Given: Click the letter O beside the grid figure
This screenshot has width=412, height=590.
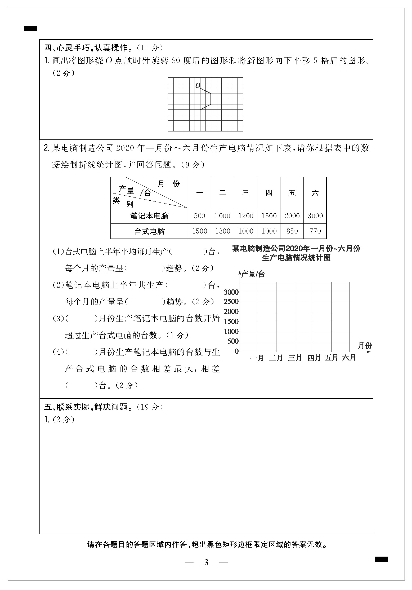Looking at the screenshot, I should [198, 85].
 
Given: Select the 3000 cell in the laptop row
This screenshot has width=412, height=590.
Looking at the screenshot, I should [315, 216].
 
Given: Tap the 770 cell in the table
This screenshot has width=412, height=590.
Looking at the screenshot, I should [315, 231].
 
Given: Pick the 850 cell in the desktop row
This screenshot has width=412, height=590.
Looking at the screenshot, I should [292, 231].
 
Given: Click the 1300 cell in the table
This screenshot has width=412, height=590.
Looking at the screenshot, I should [222, 231].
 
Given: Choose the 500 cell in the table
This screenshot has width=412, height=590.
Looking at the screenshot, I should [199, 216].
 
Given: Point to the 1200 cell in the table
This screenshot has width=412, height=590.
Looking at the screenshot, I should [246, 216].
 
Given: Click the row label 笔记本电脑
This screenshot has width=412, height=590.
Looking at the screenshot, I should [149, 216].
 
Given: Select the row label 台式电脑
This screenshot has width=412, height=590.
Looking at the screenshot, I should [149, 231].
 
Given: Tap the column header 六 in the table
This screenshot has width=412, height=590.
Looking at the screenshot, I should [315, 193].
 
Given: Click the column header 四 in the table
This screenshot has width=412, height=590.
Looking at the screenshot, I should [269, 193].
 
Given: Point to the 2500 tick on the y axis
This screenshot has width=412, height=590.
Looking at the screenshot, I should [231, 302].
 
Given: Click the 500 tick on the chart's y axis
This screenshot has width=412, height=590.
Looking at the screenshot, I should [233, 341].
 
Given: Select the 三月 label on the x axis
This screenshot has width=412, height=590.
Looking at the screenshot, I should [295, 358].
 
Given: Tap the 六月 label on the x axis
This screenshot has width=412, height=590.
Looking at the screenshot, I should [349, 358].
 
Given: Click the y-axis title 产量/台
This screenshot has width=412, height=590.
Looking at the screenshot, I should [253, 274].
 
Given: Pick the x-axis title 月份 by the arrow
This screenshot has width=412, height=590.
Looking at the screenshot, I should [365, 346].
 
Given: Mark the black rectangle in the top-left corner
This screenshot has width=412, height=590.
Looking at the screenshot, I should [30, 28].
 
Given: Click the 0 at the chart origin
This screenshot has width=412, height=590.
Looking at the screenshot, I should [236, 351].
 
